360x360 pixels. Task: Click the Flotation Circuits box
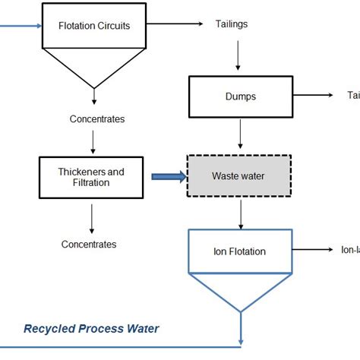94,25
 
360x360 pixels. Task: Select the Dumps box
240,96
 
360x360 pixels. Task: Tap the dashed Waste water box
240,176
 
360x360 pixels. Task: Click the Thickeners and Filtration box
92,176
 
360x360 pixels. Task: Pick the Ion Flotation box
240,251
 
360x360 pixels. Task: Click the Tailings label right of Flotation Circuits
232,24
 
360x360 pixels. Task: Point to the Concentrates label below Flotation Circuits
97,119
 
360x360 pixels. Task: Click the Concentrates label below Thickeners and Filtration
89,244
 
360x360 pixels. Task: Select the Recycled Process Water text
91,329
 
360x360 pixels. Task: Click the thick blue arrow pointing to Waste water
168,177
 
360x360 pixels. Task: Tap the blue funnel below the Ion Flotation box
240,289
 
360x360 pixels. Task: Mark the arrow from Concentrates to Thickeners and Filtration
92,141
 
